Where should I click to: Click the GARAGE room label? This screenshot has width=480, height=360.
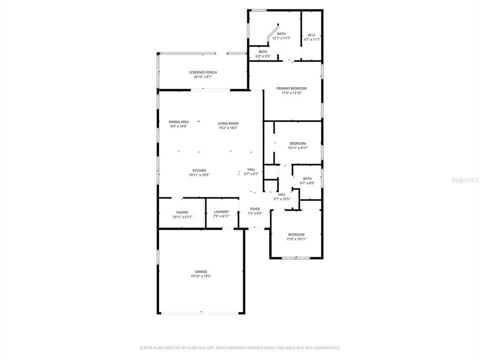click(x=201, y=271)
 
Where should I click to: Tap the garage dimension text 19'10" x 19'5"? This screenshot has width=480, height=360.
click(x=201, y=276)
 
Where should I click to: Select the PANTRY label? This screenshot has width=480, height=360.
click(x=182, y=212)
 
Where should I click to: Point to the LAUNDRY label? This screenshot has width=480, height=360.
click(x=221, y=212)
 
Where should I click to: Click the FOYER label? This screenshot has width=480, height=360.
click(x=255, y=209)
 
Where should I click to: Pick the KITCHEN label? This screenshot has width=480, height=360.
click(x=197, y=170)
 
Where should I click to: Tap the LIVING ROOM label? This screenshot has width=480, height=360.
click(x=228, y=123)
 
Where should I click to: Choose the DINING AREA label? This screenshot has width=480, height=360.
click(x=178, y=122)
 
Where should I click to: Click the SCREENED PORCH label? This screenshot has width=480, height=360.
click(x=203, y=72)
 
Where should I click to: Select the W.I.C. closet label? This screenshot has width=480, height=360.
click(x=312, y=34)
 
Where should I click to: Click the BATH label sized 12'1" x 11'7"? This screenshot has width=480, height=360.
click(x=281, y=33)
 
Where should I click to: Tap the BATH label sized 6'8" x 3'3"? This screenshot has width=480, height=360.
click(x=263, y=51)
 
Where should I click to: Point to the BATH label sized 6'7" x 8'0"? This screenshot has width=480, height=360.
click(x=307, y=178)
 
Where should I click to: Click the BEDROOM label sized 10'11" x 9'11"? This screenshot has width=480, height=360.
click(x=298, y=143)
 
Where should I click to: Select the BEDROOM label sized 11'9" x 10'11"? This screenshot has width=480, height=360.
click(x=296, y=234)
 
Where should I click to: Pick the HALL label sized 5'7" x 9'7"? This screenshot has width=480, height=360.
click(x=251, y=169)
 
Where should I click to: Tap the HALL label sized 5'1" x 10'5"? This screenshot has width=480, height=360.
click(x=282, y=194)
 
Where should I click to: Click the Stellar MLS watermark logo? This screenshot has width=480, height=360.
click(x=464, y=178)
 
